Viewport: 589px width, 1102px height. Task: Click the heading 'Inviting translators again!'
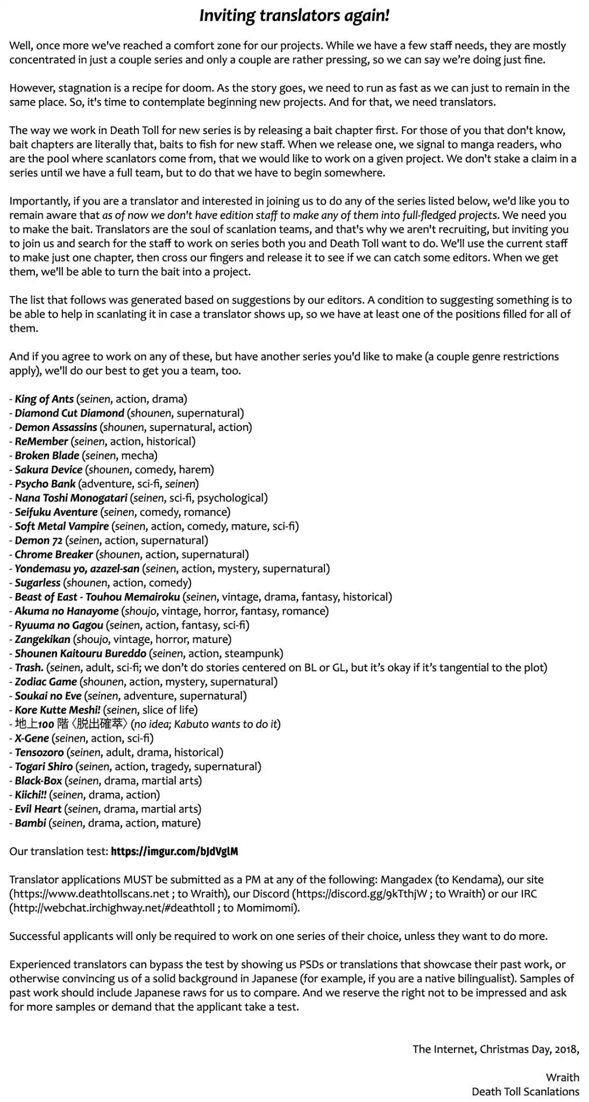(294, 16)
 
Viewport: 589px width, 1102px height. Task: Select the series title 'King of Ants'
(44, 399)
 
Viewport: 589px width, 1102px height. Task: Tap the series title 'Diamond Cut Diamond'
(69, 413)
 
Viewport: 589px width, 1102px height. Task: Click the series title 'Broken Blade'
(47, 455)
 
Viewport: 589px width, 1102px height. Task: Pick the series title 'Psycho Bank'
(45, 484)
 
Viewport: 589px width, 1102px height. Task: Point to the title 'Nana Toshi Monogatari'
(71, 498)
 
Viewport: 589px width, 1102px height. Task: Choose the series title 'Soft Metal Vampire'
(62, 526)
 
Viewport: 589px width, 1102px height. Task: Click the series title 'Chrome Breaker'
(54, 554)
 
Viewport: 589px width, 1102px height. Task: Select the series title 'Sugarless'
(38, 583)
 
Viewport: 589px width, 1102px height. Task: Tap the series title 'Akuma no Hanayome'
(67, 611)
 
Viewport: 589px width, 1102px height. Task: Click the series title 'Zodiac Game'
(46, 682)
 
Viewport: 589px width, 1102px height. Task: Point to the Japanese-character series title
(71, 724)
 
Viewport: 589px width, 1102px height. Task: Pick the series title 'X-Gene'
(32, 738)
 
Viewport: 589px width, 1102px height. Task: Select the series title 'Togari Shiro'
(44, 766)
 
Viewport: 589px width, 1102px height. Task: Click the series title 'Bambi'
(30, 823)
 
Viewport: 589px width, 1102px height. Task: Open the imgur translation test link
(174, 851)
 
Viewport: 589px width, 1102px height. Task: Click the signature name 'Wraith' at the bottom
(562, 1077)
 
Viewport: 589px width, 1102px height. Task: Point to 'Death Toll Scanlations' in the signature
(525, 1091)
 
